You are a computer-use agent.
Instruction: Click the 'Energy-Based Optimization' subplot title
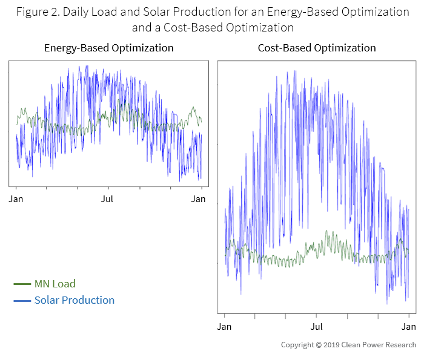(x=109, y=48)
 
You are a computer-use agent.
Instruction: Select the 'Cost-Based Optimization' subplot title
(x=317, y=48)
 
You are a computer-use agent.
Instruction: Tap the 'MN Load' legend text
(x=55, y=284)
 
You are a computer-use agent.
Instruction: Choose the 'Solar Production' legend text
(x=74, y=300)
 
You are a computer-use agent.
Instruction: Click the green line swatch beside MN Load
(x=22, y=284)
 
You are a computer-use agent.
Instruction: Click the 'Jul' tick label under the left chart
(x=107, y=198)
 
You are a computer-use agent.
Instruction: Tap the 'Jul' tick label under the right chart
(x=316, y=327)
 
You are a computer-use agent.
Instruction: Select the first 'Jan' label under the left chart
(x=16, y=198)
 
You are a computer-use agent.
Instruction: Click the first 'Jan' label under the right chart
(x=225, y=327)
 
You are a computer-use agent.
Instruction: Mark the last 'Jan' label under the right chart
(x=408, y=327)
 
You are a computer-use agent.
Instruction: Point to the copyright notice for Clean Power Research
(x=348, y=345)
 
